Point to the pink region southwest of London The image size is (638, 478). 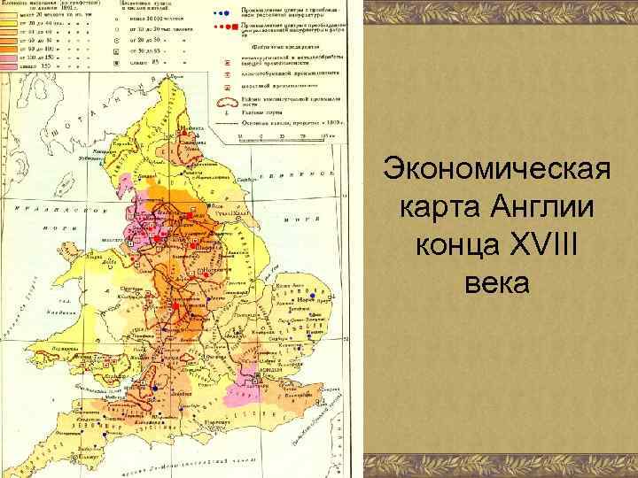[237, 398]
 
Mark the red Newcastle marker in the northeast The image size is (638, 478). [191, 140]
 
